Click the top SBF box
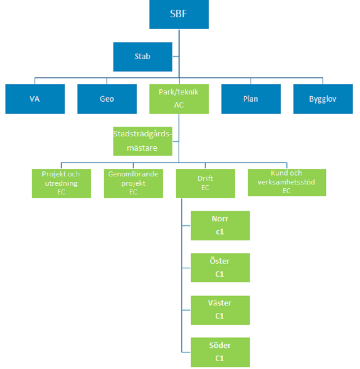(179, 13)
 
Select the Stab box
(143, 57)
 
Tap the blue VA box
(35, 99)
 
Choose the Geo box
(107, 99)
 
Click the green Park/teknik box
(179, 99)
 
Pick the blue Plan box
(251, 99)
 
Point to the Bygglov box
(323, 99)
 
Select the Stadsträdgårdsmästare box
(143, 141)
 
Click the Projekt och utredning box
(61, 183)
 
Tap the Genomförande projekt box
(133, 183)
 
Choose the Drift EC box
(205, 183)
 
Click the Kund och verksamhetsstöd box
(287, 182)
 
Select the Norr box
(220, 225)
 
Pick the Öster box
(220, 268)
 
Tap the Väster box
(220, 310)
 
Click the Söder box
(220, 352)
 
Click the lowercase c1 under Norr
(220, 232)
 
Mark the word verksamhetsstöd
(287, 182)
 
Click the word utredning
(61, 183)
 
